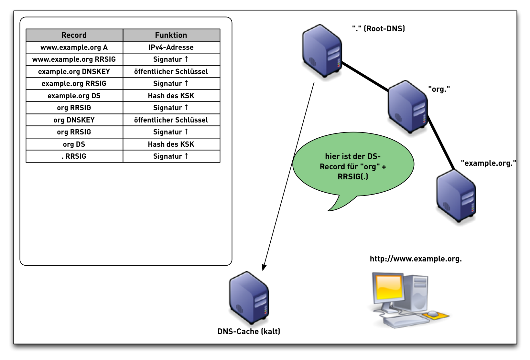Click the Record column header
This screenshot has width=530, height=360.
74,35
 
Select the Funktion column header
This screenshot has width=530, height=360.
171,35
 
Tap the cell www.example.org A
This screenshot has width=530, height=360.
74,47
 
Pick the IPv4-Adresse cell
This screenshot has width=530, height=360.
171,47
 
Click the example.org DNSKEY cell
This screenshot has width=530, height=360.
74,71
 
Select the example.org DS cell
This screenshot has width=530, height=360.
74,96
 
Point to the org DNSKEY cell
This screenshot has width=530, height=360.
74,120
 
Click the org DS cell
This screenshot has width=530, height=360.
74,144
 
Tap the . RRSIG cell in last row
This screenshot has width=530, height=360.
74,156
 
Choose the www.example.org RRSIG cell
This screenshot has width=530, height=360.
74,59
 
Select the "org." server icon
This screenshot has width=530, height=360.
407,107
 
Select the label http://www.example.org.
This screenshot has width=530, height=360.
416,259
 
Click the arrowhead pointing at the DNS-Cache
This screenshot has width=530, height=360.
264,267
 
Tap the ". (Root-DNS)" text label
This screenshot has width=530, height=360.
378,29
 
